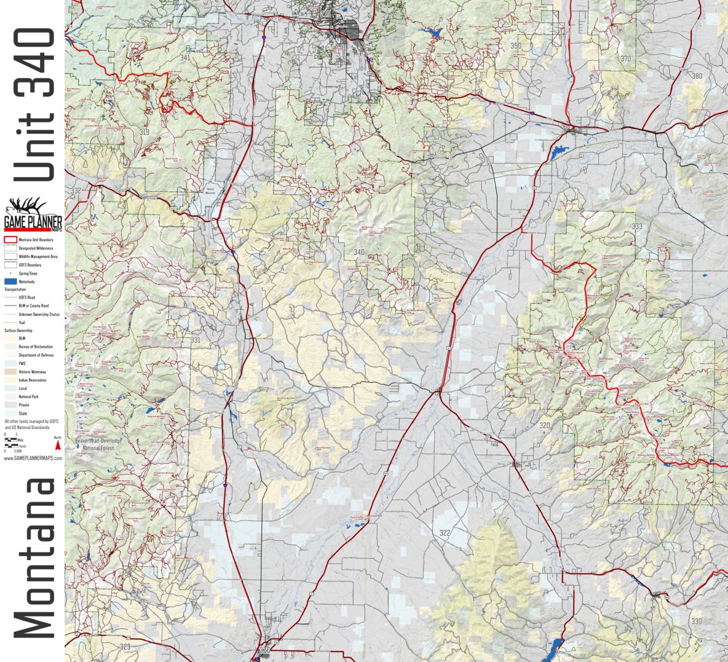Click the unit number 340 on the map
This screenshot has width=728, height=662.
(358, 252)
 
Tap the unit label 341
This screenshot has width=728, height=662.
(185, 58)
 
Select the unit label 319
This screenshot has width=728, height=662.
(144, 132)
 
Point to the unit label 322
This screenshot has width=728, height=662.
(445, 533)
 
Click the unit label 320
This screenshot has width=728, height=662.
(544, 425)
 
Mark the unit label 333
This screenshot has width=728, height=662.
(637, 227)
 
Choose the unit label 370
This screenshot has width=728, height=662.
(625, 59)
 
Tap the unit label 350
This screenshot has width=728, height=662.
(515, 46)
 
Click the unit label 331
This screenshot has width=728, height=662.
(195, 341)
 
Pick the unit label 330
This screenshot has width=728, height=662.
(696, 621)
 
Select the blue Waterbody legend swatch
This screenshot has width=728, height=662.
(10, 282)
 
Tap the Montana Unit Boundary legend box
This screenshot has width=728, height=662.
(10, 240)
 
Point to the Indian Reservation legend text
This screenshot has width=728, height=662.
(33, 380)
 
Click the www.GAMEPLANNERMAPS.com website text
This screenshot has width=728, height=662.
(33, 459)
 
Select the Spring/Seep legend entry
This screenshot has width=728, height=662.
(28, 273)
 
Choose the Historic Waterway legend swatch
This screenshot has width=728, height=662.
(10, 372)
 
